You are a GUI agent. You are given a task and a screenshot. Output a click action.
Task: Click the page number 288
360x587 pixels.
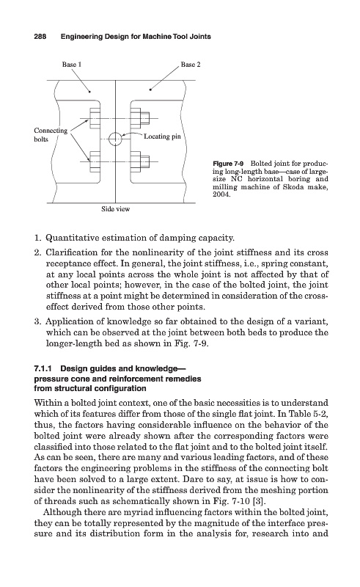coord(40,37)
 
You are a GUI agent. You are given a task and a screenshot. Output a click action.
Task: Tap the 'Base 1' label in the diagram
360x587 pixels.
coord(71,65)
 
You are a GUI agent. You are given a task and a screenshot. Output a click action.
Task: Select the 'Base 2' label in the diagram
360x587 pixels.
coord(191,65)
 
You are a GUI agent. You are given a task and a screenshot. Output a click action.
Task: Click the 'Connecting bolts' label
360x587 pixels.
coord(51,135)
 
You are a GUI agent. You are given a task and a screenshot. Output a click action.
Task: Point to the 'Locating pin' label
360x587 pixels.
coord(163,136)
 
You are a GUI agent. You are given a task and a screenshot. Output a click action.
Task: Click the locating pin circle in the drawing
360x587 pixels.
coord(115,139)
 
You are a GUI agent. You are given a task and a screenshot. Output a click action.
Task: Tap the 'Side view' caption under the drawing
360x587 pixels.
coord(115,209)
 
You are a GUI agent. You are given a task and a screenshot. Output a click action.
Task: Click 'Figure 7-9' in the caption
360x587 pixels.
coord(228,164)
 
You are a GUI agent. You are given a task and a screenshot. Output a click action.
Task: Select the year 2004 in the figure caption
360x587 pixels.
coord(221,194)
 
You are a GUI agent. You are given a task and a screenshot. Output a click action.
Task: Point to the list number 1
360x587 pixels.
coord(37,238)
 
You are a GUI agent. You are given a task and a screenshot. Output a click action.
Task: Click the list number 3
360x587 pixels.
coord(37,321)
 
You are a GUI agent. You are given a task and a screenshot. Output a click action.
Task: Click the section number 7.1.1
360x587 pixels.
coord(43,369)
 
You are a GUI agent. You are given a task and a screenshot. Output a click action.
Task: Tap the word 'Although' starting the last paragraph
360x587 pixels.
coord(59,512)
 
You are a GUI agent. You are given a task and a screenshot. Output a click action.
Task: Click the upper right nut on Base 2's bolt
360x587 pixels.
coord(145,118)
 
